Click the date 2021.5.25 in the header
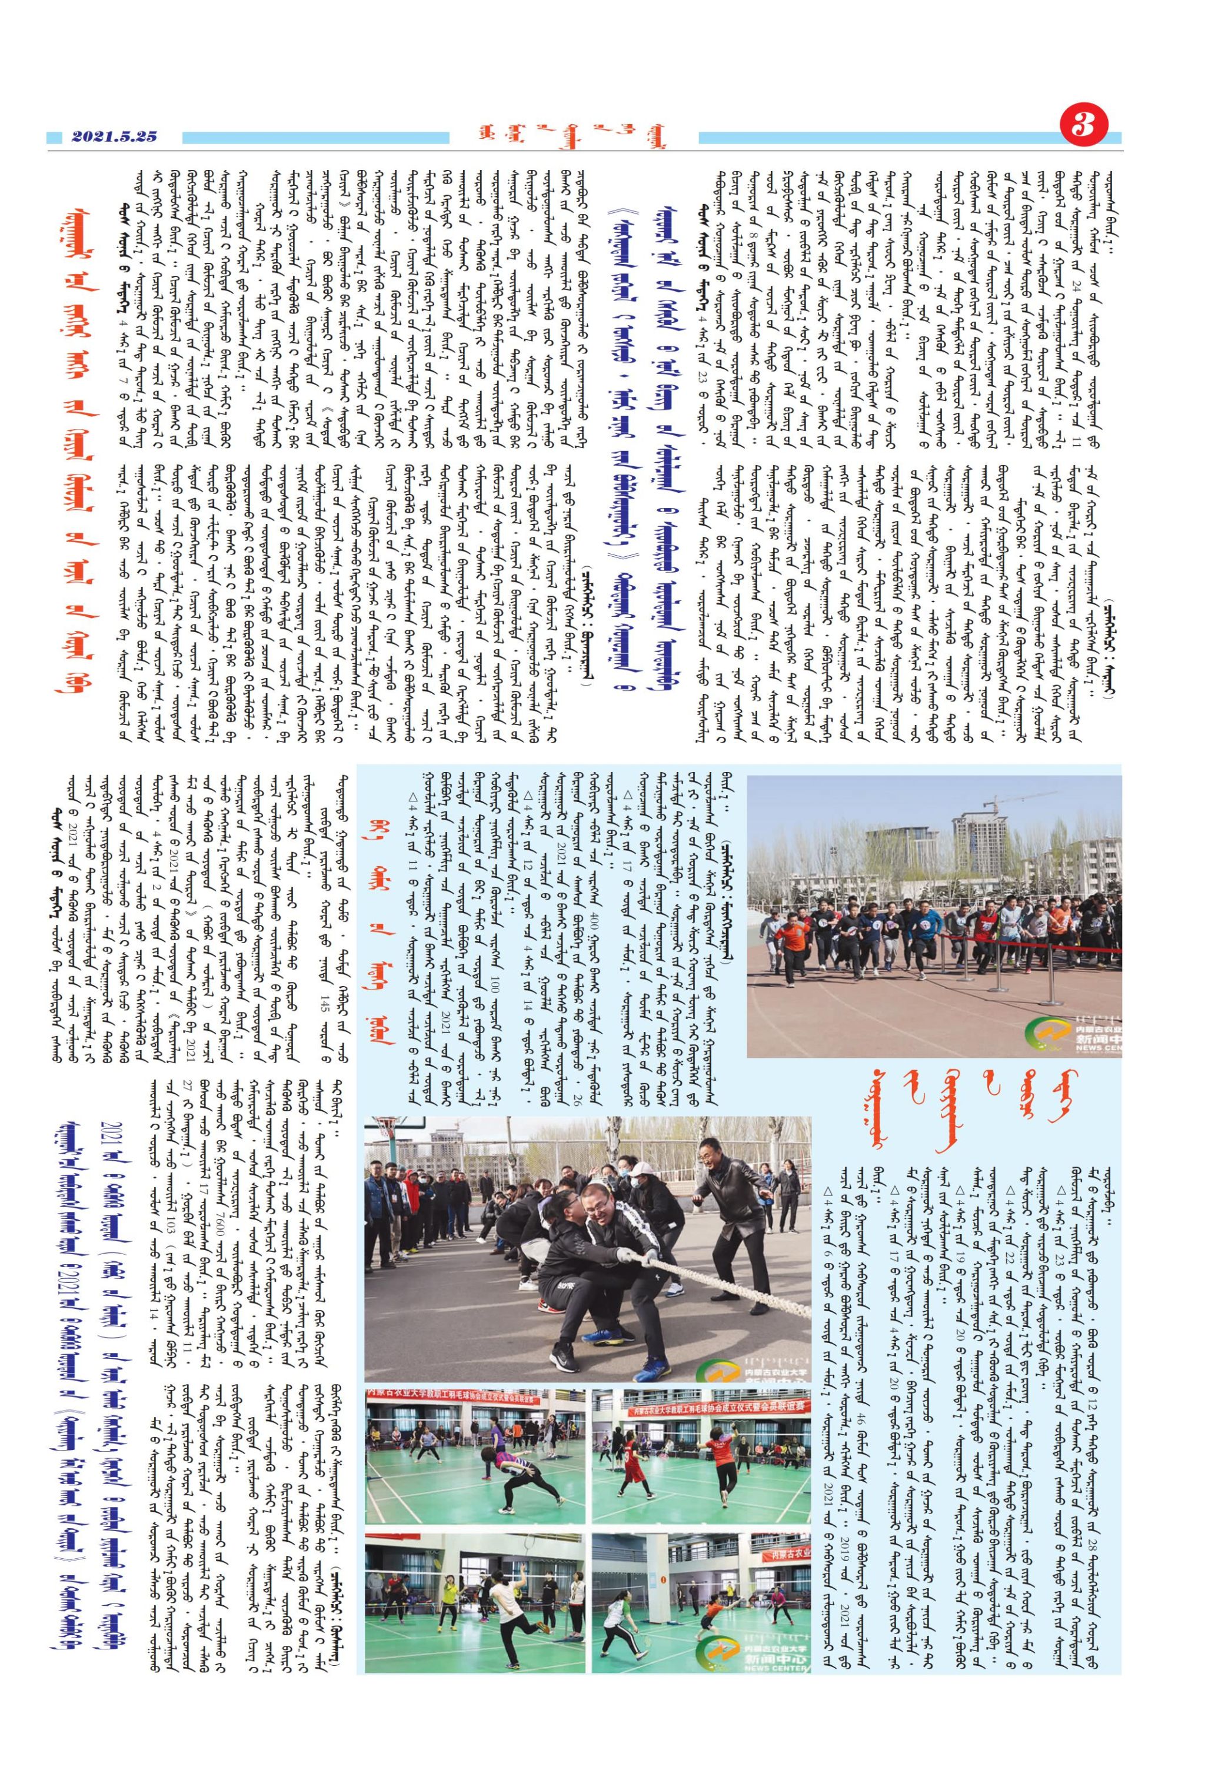(x=115, y=136)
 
